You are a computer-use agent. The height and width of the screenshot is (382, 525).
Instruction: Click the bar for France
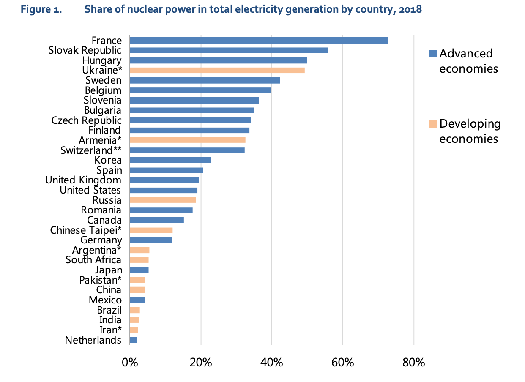(259, 41)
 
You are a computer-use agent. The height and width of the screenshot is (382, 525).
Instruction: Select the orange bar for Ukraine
(217, 70)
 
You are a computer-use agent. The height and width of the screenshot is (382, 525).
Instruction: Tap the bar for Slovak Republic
(229, 50)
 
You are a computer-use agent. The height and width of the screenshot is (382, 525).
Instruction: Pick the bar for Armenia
(187, 140)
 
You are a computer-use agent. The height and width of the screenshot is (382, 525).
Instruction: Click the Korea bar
(170, 160)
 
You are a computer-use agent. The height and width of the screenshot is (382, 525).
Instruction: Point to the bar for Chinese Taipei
(151, 230)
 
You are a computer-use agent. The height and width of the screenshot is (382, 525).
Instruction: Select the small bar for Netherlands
(133, 340)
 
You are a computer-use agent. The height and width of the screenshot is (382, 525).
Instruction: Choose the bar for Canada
(157, 220)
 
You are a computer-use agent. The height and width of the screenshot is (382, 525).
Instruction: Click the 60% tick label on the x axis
(342, 363)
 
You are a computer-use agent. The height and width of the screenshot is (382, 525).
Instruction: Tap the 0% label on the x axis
(130, 363)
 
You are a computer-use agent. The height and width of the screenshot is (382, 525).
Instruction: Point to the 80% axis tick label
(413, 363)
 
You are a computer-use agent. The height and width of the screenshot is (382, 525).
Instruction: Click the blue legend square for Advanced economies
(433, 54)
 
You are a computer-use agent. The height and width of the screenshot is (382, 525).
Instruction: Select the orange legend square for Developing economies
(433, 124)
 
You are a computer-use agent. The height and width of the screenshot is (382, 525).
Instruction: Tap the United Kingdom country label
(83, 180)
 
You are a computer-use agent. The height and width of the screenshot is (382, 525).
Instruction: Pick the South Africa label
(93, 260)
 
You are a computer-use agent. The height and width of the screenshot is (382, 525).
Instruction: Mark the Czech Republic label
(86, 120)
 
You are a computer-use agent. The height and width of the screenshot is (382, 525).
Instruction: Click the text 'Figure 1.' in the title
(41, 9)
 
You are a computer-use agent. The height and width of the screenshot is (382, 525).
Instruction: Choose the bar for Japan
(139, 270)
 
